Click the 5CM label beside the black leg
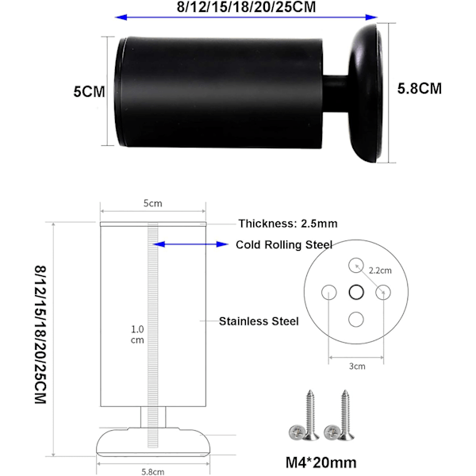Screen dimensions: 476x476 (x=89, y=92)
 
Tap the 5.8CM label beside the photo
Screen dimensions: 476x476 (x=420, y=89)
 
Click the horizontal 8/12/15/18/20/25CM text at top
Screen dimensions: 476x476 (x=246, y=6)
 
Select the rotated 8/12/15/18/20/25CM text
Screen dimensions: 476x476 (x=40, y=335)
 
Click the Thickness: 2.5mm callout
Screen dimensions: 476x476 (x=288, y=224)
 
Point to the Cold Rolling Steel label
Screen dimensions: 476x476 (x=284, y=244)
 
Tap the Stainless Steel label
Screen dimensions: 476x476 (x=259, y=321)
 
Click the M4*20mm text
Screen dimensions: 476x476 (x=321, y=463)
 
